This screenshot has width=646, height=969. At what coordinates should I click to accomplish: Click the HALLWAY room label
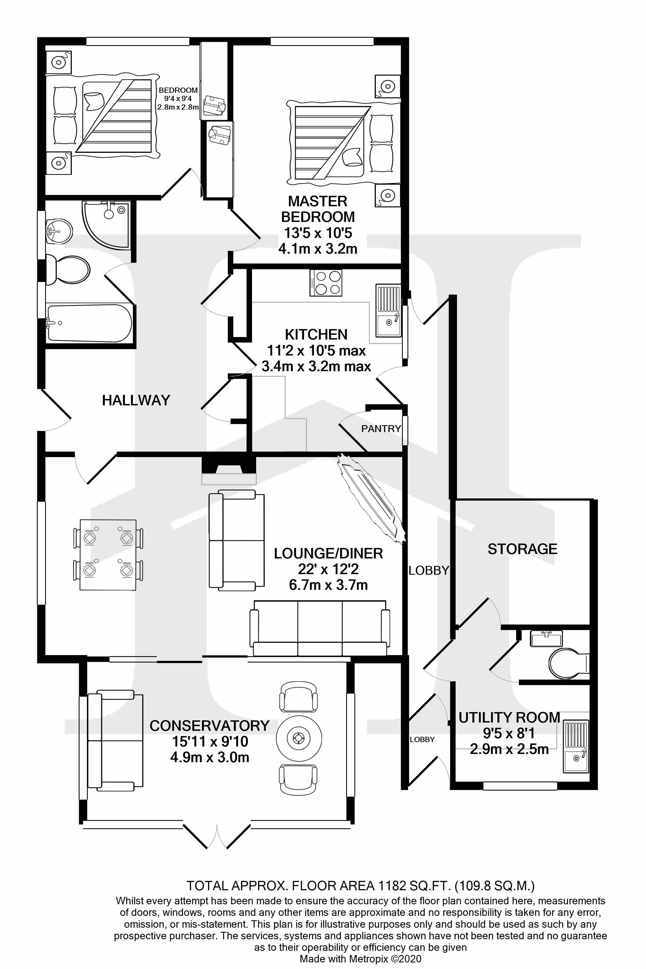point(136,400)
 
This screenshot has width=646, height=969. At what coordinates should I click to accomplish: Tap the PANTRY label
point(381,429)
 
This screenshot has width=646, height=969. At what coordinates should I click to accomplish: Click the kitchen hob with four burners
point(326,283)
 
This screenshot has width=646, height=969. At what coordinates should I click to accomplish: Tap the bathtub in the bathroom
point(89,323)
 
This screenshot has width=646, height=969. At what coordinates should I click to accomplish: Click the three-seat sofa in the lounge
point(320,629)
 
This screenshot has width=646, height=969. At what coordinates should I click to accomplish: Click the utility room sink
point(576,746)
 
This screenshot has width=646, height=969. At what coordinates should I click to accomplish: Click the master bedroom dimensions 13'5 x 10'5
point(318,233)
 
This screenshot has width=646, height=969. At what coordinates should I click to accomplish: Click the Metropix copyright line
point(360,959)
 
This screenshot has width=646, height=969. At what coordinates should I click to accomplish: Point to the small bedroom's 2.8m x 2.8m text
point(178,107)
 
